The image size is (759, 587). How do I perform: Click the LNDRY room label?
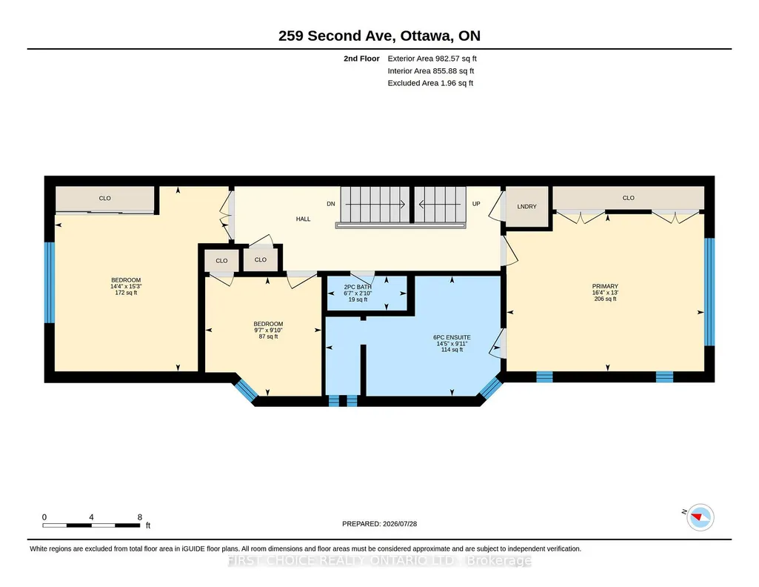526,206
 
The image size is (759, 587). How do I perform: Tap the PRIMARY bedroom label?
605,286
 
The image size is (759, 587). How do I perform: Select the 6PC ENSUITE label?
452,337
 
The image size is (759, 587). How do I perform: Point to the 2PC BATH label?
358,288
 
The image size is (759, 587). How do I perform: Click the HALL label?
303,219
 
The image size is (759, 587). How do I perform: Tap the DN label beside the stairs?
330,204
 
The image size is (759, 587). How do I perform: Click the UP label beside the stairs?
476,204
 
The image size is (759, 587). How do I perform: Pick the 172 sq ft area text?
126,293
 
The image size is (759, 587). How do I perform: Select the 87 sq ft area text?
268,336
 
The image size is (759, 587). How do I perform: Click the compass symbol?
700,517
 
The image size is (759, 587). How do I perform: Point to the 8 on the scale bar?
140,517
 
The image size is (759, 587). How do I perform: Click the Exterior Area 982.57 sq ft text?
432,59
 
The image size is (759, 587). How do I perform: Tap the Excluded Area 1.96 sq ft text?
430,83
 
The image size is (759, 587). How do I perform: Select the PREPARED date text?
379,523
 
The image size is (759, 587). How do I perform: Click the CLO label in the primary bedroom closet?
629,198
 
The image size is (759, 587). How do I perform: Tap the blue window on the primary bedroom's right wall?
709,291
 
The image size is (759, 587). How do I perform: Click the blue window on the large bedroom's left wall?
50,282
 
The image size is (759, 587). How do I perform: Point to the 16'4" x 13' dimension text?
605,293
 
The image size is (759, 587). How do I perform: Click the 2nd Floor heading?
361,59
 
